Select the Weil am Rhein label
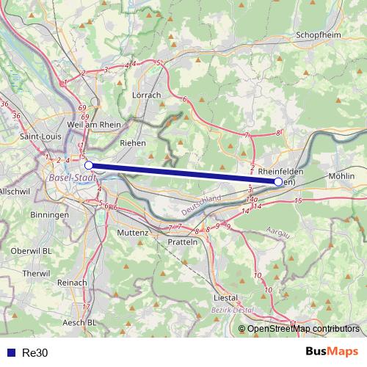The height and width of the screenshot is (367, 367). (x=93, y=125)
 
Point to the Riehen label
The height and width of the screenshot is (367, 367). (x=132, y=143)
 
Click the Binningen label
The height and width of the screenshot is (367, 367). (x=50, y=215)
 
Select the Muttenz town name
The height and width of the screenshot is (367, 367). (x=132, y=233)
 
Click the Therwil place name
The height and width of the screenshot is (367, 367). (x=35, y=273)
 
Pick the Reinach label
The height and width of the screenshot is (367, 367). (x=71, y=282)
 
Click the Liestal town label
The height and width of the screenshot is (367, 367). (x=225, y=298)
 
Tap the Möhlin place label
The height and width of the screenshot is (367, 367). (x=342, y=177)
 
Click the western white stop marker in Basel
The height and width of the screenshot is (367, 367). (x=89, y=166)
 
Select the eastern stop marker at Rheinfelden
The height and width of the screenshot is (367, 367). (x=277, y=181)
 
